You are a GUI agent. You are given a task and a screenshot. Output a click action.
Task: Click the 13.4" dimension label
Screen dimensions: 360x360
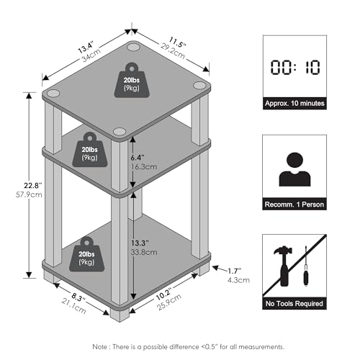pyautogui.click(x=86, y=48)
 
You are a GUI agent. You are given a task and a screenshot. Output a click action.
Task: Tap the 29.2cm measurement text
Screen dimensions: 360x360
pyautogui.click(x=173, y=51)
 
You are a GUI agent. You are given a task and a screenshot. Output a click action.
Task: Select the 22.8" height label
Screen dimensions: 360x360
pyautogui.click(x=33, y=186)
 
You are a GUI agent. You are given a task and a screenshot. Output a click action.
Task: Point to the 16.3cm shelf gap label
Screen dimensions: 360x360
pyautogui.click(x=144, y=166)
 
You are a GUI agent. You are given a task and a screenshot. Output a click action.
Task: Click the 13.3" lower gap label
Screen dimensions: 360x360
pyautogui.click(x=140, y=243)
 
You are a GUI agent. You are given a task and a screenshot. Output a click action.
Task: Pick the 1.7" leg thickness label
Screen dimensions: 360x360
pyautogui.click(x=235, y=271)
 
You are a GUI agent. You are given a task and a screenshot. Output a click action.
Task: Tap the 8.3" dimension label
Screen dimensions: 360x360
pyautogui.click(x=78, y=298)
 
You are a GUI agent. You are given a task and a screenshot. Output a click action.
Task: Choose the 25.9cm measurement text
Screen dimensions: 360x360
pyautogui.click(x=169, y=302)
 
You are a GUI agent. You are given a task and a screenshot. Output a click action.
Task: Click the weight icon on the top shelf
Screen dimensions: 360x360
pyautogui.click(x=132, y=80)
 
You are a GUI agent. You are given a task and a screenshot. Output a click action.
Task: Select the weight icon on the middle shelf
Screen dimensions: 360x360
pyautogui.click(x=90, y=150)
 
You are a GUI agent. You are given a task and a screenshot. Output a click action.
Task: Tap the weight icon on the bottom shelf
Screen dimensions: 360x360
pyautogui.click(x=87, y=254)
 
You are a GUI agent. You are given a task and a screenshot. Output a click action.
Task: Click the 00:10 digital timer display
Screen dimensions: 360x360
pyautogui.click(x=295, y=68)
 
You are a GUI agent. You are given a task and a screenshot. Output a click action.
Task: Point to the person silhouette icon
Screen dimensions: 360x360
pyautogui.click(x=294, y=169)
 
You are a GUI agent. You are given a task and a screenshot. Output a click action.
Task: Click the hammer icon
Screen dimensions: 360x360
pyautogui.click(x=284, y=266)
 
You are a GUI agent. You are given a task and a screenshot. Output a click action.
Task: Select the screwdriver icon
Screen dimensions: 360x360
pyautogui.click(x=306, y=266)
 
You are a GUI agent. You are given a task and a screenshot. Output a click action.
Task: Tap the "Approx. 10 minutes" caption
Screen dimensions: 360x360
pyautogui.click(x=294, y=104)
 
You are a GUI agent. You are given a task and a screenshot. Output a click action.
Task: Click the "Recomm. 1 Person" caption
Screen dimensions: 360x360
pyautogui.click(x=294, y=204)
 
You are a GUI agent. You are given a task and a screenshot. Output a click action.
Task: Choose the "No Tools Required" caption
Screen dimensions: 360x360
pyautogui.click(x=294, y=304)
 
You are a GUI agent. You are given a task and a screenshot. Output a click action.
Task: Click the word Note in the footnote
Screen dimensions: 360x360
pyautogui.click(x=100, y=347)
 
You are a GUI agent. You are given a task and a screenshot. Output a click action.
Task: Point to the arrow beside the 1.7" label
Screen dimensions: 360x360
pyautogui.click(x=220, y=269)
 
